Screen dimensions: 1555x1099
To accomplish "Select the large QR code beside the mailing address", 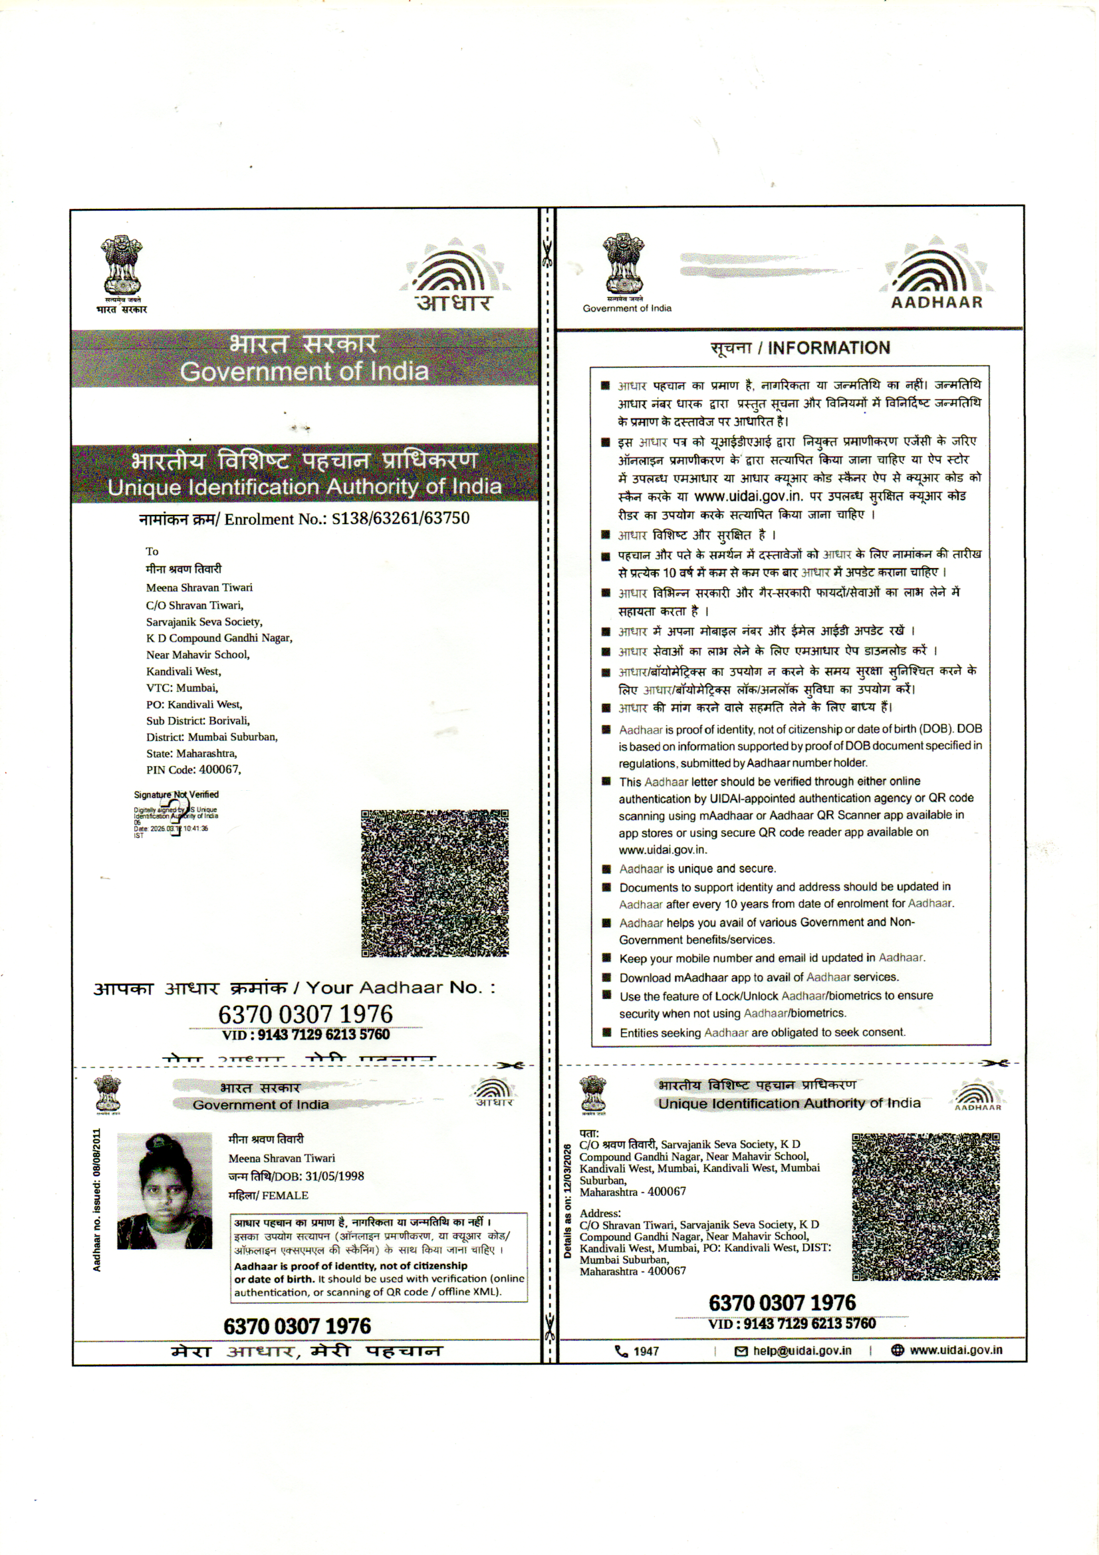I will (434, 883).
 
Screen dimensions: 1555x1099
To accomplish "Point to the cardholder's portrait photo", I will (164, 1191).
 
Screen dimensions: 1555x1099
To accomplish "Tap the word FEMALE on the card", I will (285, 1195).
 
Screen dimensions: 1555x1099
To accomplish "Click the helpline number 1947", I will (646, 1351).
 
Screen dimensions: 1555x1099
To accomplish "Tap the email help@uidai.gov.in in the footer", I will (802, 1350).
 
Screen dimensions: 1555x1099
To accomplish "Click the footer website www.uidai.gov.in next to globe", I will (955, 1349).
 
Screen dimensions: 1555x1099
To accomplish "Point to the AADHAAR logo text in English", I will (937, 303).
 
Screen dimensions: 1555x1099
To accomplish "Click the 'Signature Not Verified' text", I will (176, 794).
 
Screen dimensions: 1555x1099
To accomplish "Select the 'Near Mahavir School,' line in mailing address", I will (197, 654).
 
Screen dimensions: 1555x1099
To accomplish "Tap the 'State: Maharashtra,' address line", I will (191, 753).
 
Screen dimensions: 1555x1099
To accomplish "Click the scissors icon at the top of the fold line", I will (547, 253).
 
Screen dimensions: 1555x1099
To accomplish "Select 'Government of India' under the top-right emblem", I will (627, 309).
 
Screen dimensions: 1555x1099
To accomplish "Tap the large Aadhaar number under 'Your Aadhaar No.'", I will (305, 1014).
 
